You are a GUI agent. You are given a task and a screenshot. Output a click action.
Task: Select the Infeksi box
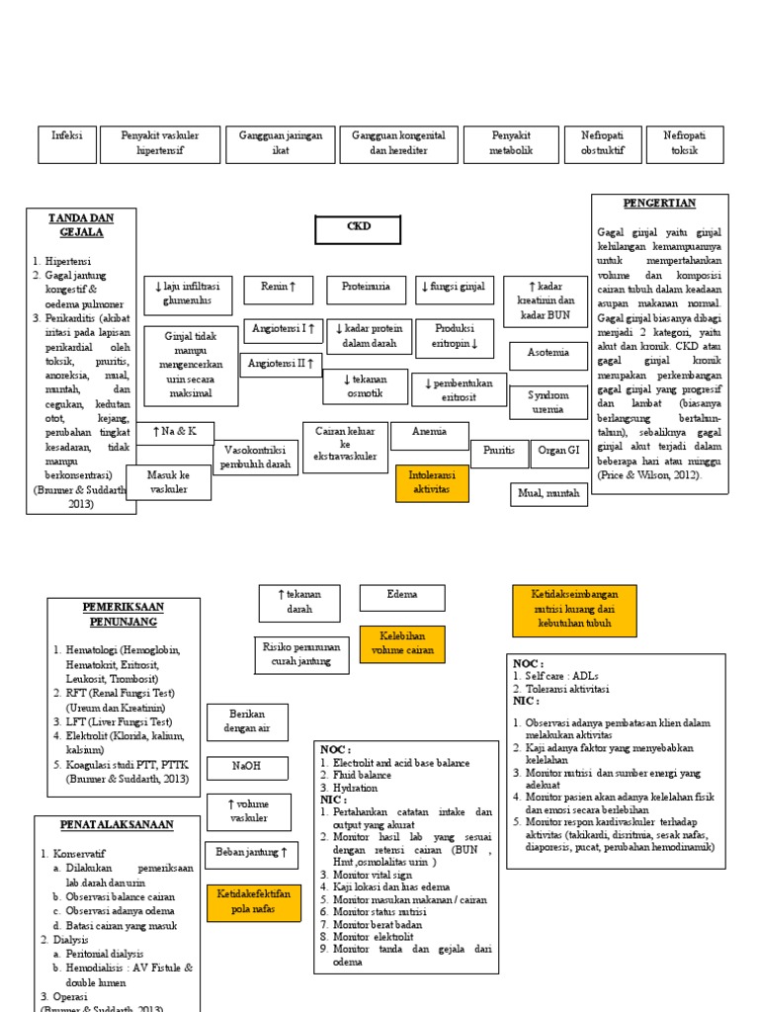[67, 144]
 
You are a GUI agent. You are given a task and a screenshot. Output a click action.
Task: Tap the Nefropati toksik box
[684, 144]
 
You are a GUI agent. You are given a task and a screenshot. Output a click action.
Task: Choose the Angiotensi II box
[284, 365]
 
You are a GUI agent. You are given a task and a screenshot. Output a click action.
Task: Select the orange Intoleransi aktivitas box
[431, 483]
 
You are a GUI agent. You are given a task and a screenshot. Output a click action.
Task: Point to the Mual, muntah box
[548, 493]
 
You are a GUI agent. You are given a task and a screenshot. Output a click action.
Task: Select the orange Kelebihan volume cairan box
[401, 644]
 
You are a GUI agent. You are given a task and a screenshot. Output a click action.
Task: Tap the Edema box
[402, 597]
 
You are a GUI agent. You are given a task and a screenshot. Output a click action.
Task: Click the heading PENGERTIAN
[659, 204]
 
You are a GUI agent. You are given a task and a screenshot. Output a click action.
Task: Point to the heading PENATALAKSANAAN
[103, 824]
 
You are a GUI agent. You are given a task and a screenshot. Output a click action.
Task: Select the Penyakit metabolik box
[510, 144]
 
